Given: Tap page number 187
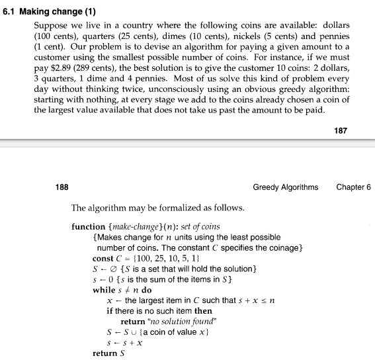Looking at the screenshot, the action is click(x=340, y=130).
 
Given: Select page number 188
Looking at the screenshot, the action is click(x=62, y=187).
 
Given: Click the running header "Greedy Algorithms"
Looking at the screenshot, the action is click(x=285, y=187).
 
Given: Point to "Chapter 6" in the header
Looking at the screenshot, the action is click(x=353, y=187).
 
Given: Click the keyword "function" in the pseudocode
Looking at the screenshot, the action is click(x=88, y=226).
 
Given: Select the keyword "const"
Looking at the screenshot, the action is click(x=103, y=258).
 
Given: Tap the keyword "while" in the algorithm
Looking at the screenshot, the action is click(x=104, y=290).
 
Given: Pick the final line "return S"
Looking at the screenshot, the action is click(x=109, y=353).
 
